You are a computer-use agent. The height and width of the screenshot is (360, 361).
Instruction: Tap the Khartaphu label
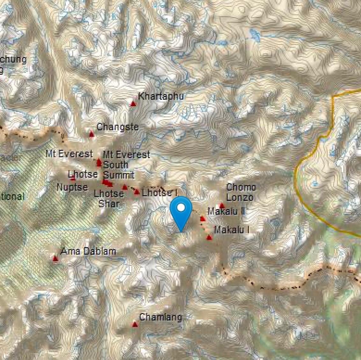[x=161, y=96]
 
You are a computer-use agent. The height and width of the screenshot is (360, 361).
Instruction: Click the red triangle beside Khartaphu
[x=133, y=104]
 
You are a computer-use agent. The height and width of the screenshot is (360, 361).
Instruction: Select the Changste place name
[x=118, y=127]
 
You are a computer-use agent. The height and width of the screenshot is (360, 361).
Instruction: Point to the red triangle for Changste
[x=92, y=134]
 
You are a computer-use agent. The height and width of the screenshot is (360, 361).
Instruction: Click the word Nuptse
[x=72, y=187]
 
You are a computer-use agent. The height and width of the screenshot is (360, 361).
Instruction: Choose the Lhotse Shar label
[x=109, y=198]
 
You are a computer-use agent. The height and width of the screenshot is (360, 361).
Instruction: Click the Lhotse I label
[x=159, y=193]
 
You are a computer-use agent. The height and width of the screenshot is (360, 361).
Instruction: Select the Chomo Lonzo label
[x=241, y=192]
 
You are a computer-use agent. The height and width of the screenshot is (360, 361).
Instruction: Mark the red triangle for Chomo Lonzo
[x=222, y=206]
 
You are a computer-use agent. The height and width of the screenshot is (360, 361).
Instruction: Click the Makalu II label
[x=226, y=211]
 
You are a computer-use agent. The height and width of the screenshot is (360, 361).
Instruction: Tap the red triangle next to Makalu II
[x=202, y=219]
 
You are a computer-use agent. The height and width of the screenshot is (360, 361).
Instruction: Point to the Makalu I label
[x=232, y=230]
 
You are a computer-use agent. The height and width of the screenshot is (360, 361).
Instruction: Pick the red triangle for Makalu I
[x=209, y=237]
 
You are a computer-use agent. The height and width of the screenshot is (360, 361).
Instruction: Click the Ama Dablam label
[x=88, y=251]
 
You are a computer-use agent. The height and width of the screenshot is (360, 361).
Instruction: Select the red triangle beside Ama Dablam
[x=55, y=259]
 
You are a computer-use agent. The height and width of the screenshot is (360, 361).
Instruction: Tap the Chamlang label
[x=161, y=317]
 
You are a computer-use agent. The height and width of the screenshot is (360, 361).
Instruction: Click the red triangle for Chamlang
[x=135, y=325]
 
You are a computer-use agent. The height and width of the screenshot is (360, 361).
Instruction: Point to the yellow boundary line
[x=296, y=172]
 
